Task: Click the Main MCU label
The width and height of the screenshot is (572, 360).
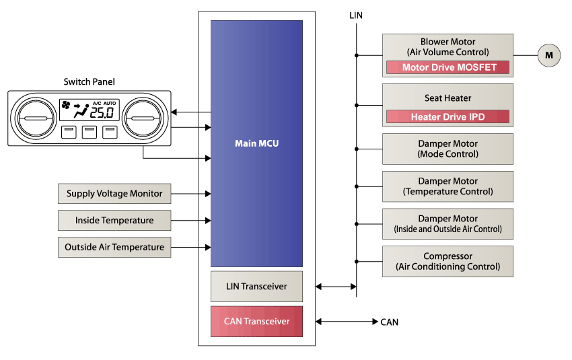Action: [256, 143]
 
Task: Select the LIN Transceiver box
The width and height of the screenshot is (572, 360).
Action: [256, 287]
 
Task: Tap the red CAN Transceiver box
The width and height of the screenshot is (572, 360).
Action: [256, 322]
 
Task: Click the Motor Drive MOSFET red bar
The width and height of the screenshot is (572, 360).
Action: [448, 67]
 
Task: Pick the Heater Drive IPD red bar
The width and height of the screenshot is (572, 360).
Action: [448, 117]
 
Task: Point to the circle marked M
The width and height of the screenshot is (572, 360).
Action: [548, 55]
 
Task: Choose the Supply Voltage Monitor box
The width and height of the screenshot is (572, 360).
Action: [114, 194]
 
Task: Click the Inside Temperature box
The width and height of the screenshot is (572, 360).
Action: [114, 220]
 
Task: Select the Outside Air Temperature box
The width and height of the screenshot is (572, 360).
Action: [114, 247]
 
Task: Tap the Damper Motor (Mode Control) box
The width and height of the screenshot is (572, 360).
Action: [448, 149]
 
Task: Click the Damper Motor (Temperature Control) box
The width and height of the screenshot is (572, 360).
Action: [448, 186]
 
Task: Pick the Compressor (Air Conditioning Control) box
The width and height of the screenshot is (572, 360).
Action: [448, 262]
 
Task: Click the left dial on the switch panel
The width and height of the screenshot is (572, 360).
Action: [33, 118]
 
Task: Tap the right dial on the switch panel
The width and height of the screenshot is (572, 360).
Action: [144, 118]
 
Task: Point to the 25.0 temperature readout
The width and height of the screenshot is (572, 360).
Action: [102, 113]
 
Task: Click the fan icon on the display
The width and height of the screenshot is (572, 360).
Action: [66, 105]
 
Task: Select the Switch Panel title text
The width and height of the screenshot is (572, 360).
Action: [89, 82]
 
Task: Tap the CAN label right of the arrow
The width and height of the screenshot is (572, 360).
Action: [389, 322]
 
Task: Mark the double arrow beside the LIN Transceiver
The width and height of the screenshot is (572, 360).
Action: [336, 287]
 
